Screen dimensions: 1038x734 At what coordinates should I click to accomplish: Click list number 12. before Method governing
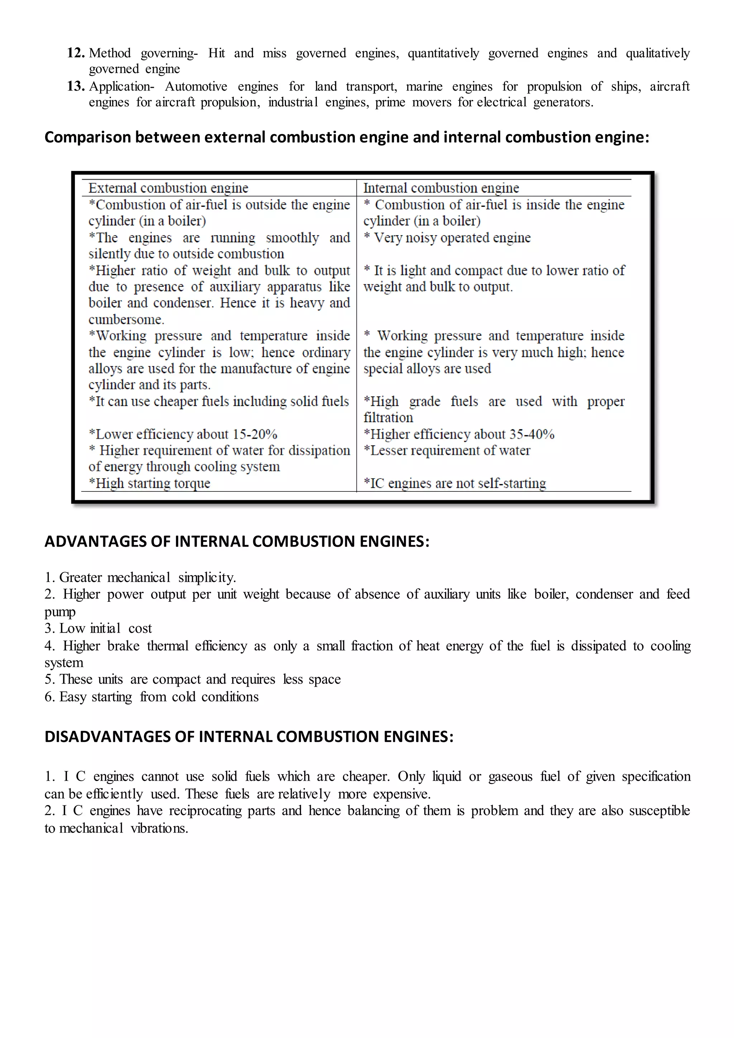(x=76, y=53)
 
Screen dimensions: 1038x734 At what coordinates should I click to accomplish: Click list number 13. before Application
(x=76, y=86)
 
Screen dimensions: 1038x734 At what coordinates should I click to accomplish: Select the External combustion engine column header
(x=168, y=187)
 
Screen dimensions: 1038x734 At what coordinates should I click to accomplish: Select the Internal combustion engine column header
(x=441, y=187)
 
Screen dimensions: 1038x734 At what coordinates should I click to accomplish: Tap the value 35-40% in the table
(x=532, y=434)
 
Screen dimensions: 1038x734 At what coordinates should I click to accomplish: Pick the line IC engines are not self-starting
(x=455, y=483)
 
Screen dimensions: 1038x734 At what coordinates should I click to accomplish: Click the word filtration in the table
(x=388, y=417)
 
